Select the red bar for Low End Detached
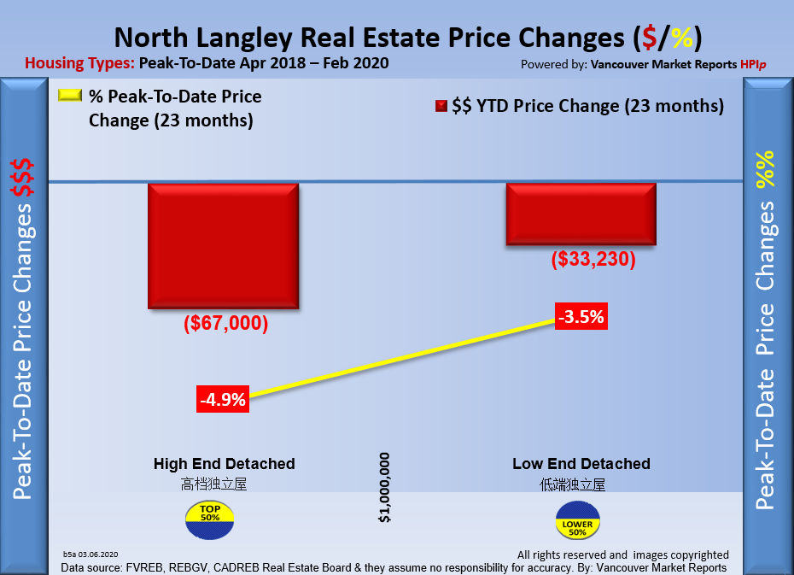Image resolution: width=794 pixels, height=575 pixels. click(x=581, y=214)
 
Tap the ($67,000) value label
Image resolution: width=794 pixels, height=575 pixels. click(x=225, y=324)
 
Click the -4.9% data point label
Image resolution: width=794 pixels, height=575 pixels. click(x=223, y=399)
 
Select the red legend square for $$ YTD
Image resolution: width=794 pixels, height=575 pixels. click(x=441, y=107)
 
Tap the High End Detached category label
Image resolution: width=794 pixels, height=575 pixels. click(x=224, y=464)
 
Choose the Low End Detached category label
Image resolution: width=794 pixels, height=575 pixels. click(x=581, y=464)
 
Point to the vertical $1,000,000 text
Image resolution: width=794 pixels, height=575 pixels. click(x=385, y=488)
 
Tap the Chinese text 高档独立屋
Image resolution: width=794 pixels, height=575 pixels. click(x=213, y=484)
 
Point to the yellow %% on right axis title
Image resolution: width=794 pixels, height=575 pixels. click(x=766, y=170)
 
